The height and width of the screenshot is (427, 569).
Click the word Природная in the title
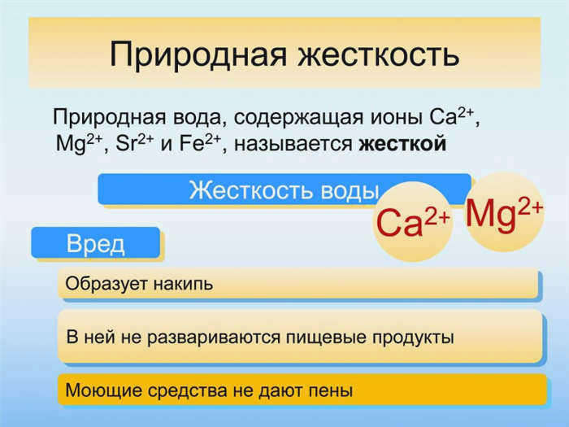click(198, 55)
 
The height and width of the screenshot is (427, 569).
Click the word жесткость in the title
click(379, 54)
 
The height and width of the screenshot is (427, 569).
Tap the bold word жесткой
click(402, 143)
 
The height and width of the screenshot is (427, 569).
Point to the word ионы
click(397, 118)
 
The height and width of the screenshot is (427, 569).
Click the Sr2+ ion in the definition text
click(135, 143)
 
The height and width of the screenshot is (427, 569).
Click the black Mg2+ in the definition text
click(79, 144)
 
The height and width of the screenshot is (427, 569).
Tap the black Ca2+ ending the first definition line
click(451, 117)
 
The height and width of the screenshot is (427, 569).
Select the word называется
click(293, 144)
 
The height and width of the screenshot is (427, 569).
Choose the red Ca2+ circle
click(413, 222)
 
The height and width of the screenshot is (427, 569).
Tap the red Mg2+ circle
click(505, 211)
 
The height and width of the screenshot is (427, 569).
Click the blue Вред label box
click(95, 242)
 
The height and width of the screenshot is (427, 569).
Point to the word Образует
click(106, 283)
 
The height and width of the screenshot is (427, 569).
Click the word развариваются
click(213, 338)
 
